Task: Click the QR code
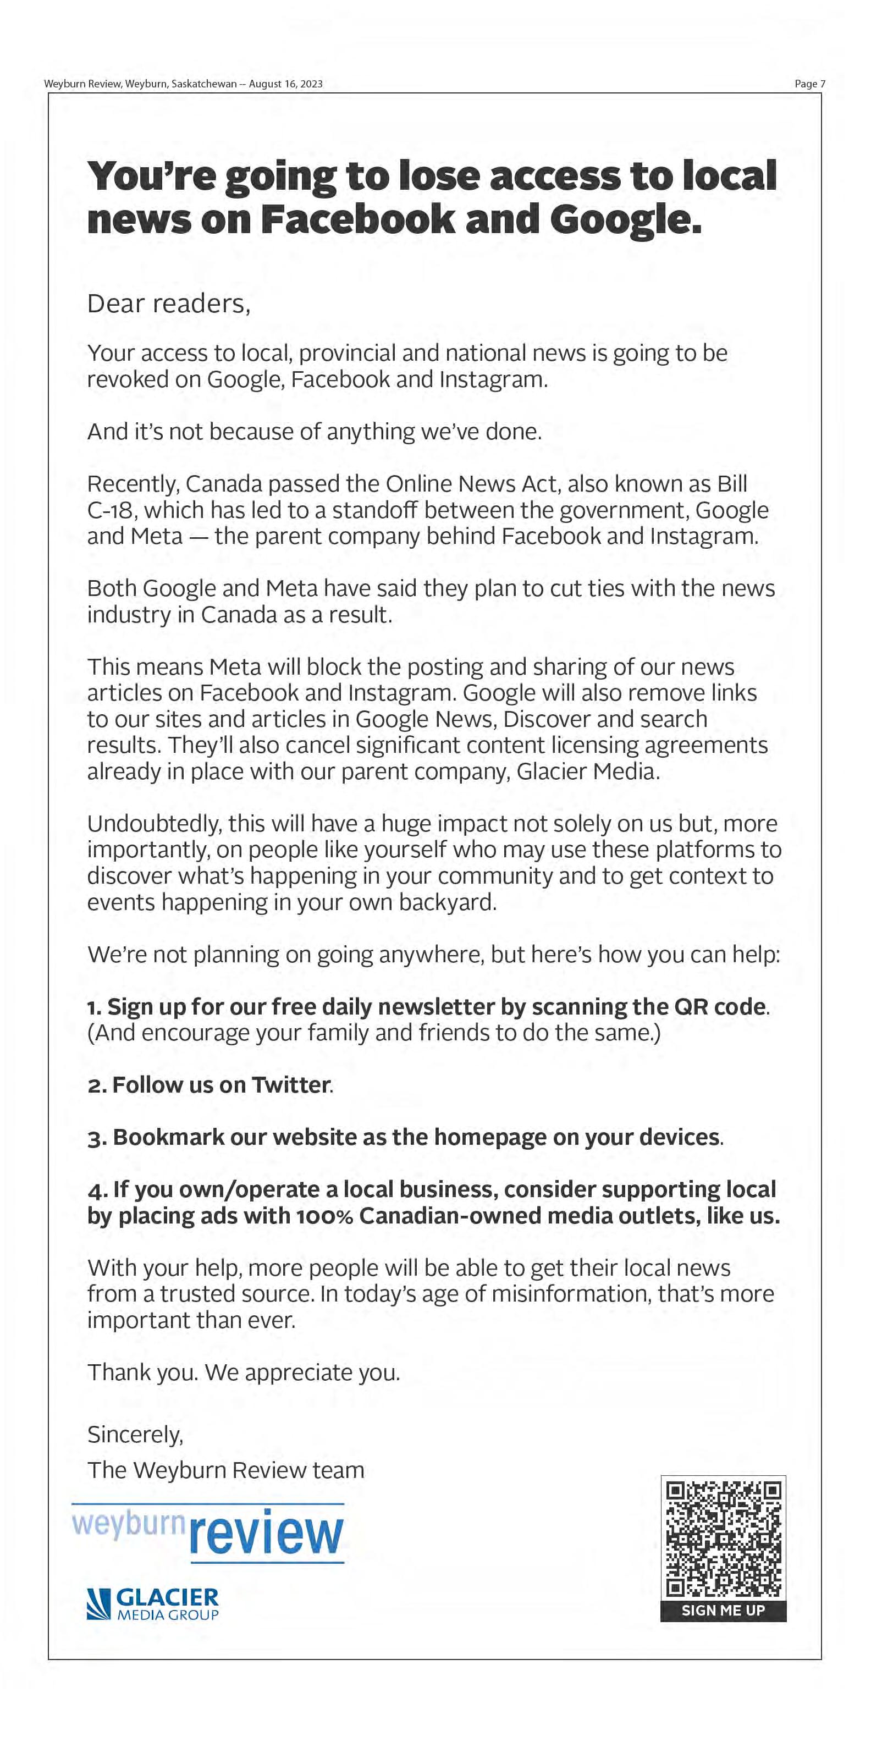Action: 723,1539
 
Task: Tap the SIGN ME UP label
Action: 723,1610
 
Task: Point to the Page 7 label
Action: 809,84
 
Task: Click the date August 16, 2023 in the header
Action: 285,84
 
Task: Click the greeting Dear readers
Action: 168,304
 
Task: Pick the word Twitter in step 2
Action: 290,1085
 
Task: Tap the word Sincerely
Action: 135,1434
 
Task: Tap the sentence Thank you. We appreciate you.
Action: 244,1372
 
